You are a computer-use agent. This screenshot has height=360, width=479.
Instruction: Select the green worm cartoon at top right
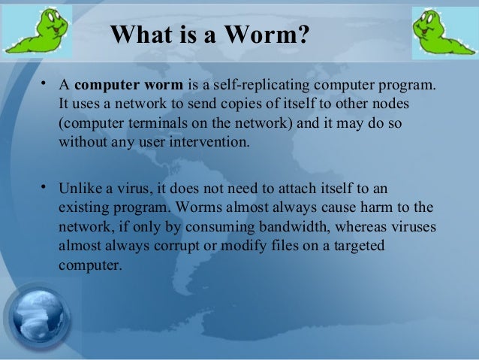444,32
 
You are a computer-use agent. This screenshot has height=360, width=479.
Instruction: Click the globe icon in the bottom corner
38,318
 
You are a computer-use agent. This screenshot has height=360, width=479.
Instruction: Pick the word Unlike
79,189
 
